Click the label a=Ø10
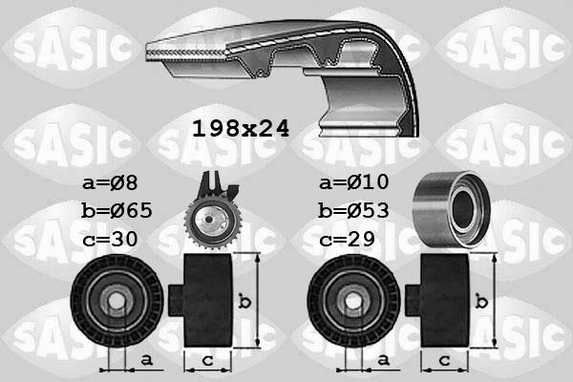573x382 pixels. (355, 180)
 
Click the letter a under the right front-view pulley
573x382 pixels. (382, 359)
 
